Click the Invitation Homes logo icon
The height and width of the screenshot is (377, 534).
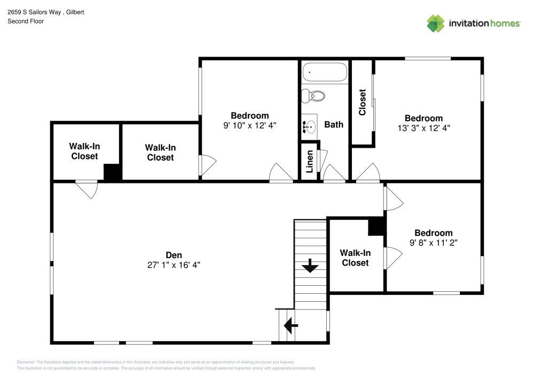tap(435, 23)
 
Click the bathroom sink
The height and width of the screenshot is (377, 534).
tap(309, 126)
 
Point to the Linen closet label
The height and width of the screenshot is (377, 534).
tap(309, 162)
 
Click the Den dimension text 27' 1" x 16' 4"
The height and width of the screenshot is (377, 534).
tap(174, 264)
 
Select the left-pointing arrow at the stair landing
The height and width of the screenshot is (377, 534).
tap(290, 324)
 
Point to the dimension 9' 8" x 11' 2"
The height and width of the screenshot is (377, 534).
tap(434, 242)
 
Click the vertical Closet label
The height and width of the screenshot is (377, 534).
tap(363, 102)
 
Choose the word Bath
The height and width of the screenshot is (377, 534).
tap(334, 124)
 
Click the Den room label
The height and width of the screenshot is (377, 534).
tap(174, 255)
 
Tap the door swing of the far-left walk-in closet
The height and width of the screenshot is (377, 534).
tap(87, 190)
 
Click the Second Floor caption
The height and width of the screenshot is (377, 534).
tap(26, 21)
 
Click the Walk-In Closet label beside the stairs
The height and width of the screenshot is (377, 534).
tap(355, 258)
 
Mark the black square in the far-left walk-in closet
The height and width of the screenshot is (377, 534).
tap(113, 172)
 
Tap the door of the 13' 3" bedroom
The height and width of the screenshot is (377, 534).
tap(367, 174)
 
